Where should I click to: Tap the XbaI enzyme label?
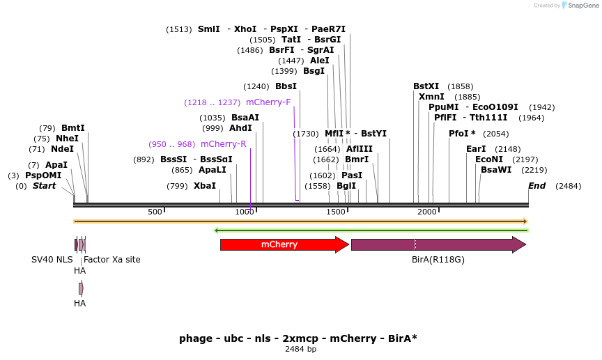(x=205, y=186)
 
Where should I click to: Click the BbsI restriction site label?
(x=286, y=86)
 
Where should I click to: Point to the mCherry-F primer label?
(x=268, y=102)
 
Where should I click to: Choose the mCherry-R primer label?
(x=224, y=144)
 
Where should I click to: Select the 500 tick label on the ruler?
(x=155, y=212)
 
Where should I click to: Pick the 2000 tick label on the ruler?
(x=426, y=212)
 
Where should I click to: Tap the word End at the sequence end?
(x=537, y=186)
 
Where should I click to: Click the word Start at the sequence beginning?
(x=44, y=186)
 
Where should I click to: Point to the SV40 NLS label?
(x=52, y=260)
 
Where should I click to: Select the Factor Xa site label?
(x=111, y=260)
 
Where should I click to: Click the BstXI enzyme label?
(x=426, y=86)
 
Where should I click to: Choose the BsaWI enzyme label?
(x=496, y=170)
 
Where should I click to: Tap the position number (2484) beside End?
(x=568, y=186)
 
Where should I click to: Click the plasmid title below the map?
(x=298, y=338)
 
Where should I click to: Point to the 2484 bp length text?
(x=300, y=350)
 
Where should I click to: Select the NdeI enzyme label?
(x=62, y=149)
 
